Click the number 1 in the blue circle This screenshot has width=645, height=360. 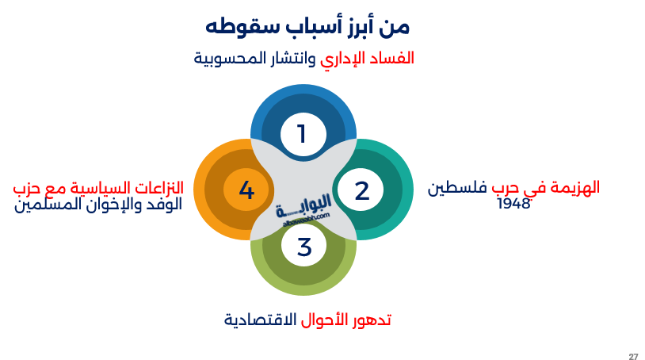coord(301,134)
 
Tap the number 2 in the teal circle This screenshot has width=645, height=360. coord(362,190)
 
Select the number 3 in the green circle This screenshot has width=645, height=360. coord(304,247)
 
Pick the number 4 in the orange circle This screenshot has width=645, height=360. coord(246,190)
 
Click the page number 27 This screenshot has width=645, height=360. coord(633,355)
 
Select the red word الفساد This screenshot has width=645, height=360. coord(394,59)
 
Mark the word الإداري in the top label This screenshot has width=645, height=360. coord(345,59)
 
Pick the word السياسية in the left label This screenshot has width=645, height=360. coord(94,189)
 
